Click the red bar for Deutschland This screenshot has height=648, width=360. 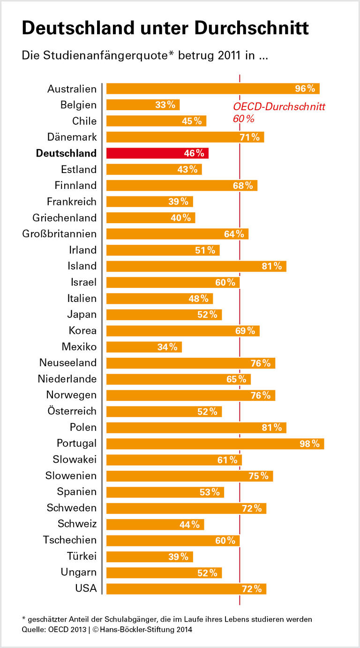[157, 153]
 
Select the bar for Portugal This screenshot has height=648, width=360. [215, 444]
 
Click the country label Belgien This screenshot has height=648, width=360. [78, 105]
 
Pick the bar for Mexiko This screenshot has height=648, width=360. [143, 347]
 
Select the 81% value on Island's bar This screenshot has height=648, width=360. [272, 266]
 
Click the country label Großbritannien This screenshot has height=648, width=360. [60, 234]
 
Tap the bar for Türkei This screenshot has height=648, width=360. [149, 557]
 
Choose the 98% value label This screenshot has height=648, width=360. [309, 444]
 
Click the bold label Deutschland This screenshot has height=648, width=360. [66, 153]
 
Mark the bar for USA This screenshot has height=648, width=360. [186, 589]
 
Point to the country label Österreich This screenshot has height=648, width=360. [72, 411]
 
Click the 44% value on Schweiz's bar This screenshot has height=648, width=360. [190, 524]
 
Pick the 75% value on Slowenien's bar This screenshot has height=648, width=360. [258, 476]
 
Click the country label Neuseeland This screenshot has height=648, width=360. [68, 363]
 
